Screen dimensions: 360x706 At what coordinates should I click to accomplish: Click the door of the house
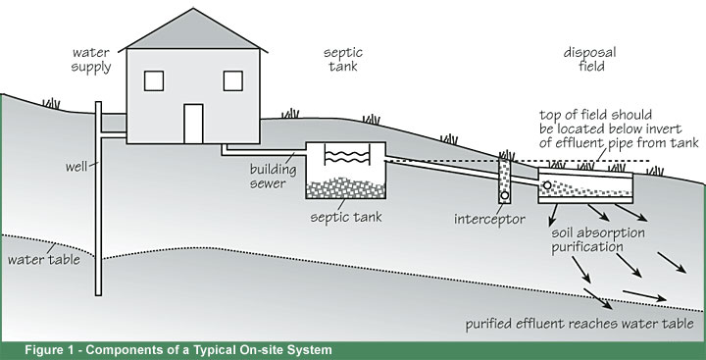click(x=192, y=122)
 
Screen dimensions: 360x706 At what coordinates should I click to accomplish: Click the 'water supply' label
click(x=91, y=59)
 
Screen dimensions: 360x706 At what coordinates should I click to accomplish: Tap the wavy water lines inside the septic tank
click(x=346, y=157)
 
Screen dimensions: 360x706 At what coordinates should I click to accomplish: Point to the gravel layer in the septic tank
click(x=346, y=187)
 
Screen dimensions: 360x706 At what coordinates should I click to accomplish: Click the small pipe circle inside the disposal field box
click(x=547, y=181)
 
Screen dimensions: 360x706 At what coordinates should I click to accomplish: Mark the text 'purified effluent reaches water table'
click(x=580, y=323)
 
